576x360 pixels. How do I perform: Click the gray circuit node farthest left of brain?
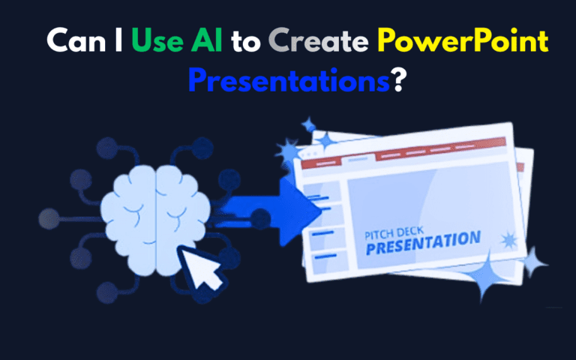pyautogui.click(x=46, y=218)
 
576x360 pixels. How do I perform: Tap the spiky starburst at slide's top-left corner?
pyautogui.click(x=287, y=154)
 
